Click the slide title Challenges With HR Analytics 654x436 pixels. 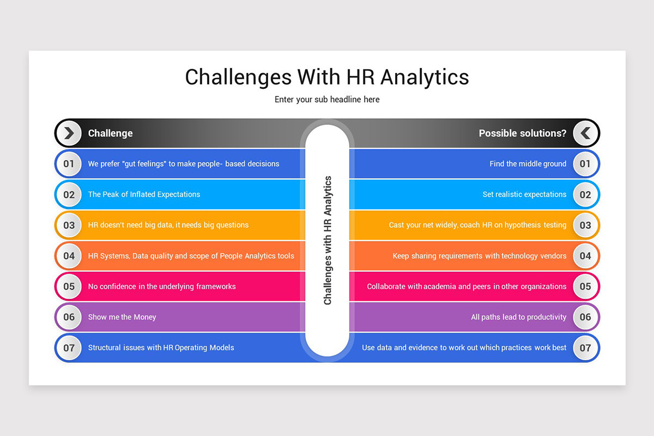click(327, 77)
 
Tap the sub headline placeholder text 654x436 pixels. click(327, 100)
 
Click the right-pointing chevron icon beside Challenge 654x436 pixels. click(69, 133)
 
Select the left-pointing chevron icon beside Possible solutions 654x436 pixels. click(585, 133)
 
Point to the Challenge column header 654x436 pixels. click(111, 133)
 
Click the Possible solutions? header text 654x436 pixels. click(522, 133)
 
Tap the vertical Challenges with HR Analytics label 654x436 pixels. click(328, 240)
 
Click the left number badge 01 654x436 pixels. click(69, 163)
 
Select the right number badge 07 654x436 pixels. click(585, 348)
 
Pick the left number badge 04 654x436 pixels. click(69, 256)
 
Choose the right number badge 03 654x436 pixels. click(585, 225)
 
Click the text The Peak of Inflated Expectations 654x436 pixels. click(144, 195)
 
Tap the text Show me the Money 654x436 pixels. click(122, 317)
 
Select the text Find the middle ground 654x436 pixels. click(528, 163)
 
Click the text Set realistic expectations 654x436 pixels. click(524, 195)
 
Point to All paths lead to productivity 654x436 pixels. click(518, 317)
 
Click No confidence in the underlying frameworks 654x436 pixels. click(162, 287)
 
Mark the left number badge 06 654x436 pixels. click(69, 317)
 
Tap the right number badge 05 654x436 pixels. click(585, 287)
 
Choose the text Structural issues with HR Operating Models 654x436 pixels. click(161, 348)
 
